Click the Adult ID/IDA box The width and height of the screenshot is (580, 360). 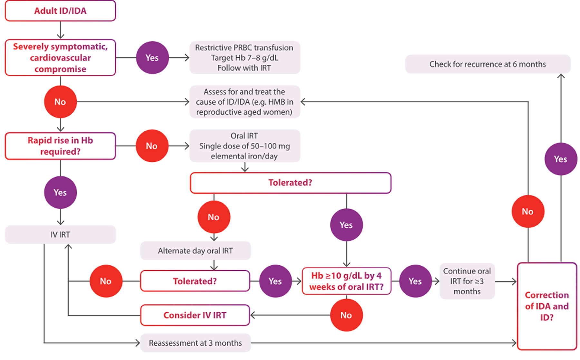point(60,11)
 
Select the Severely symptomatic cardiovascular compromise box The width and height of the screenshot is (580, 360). point(60,58)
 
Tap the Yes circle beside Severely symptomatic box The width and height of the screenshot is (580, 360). point(152,58)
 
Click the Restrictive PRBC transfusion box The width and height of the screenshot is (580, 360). point(245,58)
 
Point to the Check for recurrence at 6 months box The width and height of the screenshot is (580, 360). point(488,64)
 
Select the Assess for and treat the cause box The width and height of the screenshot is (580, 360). point(245,102)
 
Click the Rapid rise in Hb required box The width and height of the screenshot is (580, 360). point(60,146)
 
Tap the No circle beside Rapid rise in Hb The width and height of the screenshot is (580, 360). point(152,146)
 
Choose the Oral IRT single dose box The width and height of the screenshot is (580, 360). point(245,146)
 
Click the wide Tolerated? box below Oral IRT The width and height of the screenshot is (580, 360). point(290,183)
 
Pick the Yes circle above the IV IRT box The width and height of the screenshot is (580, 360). point(60,193)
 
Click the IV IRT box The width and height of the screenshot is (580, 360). point(60,234)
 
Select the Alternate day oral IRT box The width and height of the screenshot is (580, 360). point(195,251)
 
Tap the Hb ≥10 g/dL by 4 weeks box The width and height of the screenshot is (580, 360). point(346,281)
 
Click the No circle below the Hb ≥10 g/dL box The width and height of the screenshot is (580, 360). point(346,315)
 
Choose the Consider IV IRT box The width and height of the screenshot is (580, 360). point(195,315)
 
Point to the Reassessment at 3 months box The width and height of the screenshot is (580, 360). point(195,343)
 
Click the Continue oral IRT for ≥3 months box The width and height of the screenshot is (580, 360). point(467,281)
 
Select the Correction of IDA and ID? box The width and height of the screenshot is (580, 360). point(547,306)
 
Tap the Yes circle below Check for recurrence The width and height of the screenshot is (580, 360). point(561,159)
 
